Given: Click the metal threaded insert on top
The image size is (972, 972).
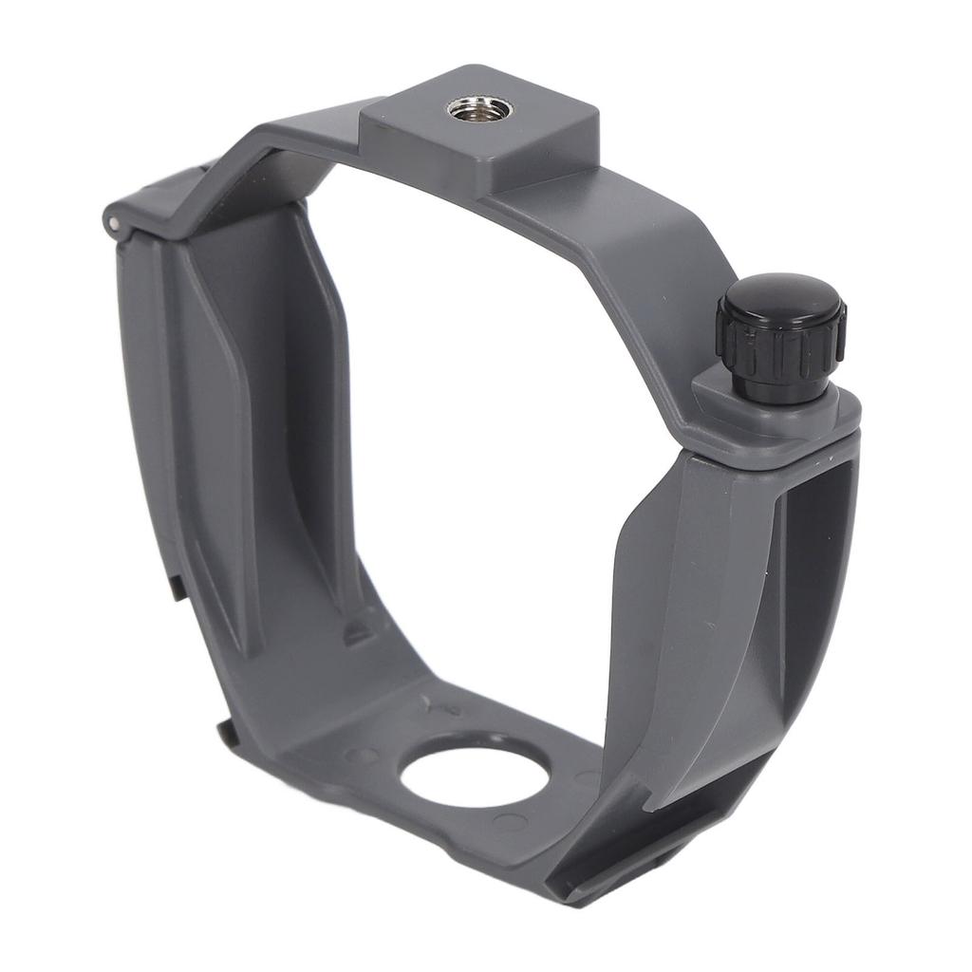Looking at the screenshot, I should click(478, 107).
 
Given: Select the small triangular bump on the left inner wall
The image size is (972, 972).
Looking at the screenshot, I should click(358, 630).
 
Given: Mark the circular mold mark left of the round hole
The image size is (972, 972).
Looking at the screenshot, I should click(361, 757).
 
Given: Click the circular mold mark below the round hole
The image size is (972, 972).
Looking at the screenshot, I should click(511, 823).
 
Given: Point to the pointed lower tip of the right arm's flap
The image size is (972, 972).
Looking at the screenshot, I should click(655, 807).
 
